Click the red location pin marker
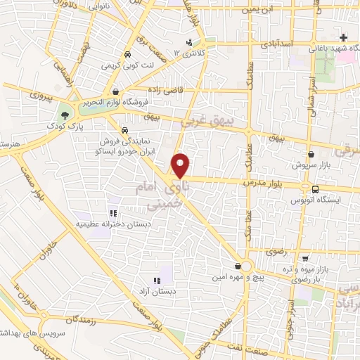[181, 164]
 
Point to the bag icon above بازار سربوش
[310, 154]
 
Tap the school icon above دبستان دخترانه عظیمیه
[111, 213]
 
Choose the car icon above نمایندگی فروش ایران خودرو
[124, 131]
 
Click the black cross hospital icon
[342, 37]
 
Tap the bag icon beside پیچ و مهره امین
[243, 266]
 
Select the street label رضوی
[276, 251]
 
